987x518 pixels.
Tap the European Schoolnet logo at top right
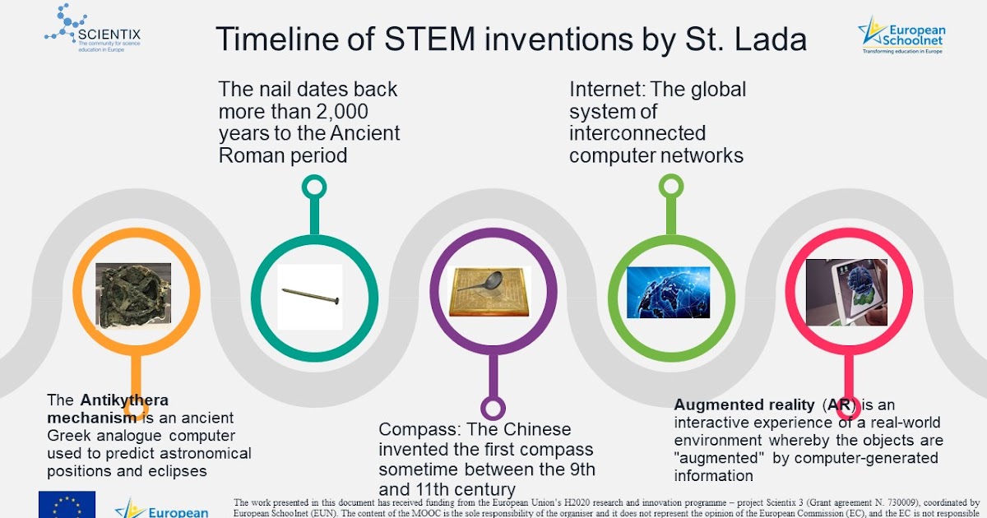901,34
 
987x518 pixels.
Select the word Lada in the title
772,40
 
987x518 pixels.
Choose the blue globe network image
668,292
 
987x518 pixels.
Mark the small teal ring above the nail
313,187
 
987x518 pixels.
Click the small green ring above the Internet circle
670,187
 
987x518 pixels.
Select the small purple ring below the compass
493,408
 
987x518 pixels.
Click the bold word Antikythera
124,400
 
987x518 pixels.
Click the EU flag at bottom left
67,504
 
